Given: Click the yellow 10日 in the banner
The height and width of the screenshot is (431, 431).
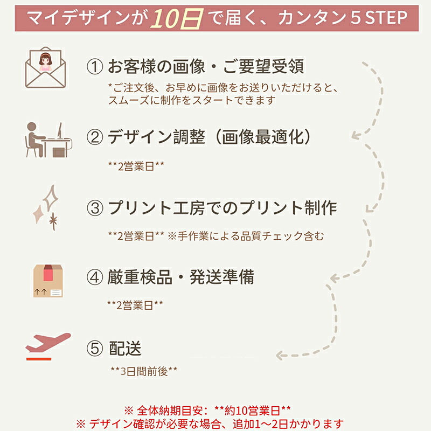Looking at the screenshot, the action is tap(177, 19).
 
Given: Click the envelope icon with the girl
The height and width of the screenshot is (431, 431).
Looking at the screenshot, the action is tap(46, 68).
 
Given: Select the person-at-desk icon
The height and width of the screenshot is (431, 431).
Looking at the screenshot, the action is tap(48, 140).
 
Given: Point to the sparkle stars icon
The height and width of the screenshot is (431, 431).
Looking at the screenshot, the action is tap(46, 207).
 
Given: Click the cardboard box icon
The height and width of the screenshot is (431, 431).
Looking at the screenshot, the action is tap(48, 281).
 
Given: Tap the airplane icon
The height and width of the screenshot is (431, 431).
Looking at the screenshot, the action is tap(48, 343).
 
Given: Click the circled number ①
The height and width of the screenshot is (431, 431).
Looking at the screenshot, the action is tap(95, 67).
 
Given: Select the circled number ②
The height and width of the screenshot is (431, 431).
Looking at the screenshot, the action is tap(95, 137).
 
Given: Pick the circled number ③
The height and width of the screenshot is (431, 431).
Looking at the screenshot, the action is tap(95, 208).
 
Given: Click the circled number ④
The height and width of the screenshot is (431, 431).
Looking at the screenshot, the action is tap(95, 277).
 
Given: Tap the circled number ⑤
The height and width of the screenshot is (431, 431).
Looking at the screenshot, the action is tap(95, 348).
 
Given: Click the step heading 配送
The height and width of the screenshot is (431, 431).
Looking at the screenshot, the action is tap(125, 348).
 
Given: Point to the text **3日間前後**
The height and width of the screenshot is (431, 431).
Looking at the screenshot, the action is tap(144, 371).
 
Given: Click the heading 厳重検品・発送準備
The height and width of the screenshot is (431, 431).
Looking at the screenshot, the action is tap(181, 277).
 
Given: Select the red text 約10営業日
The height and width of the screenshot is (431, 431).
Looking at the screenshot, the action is tap(252, 411).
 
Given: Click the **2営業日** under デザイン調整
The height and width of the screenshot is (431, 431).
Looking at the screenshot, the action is tap(136, 166).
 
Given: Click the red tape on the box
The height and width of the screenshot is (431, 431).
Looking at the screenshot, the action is tap(48, 273).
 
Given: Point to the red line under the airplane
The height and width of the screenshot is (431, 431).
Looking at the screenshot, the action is tap(39, 359).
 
